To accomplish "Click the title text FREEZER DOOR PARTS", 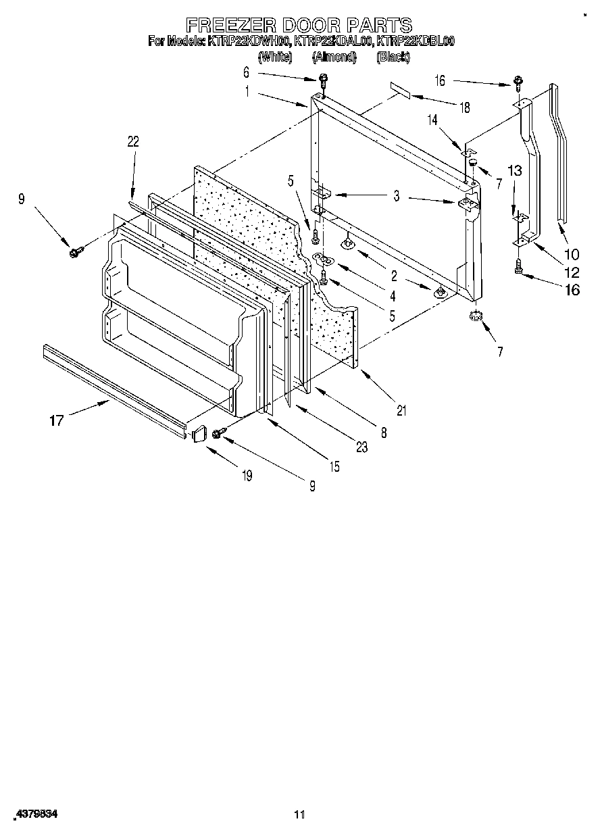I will click(x=299, y=26).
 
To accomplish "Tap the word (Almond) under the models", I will click(x=334, y=57).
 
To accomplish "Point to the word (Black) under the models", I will click(x=393, y=57).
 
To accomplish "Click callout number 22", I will click(x=132, y=141).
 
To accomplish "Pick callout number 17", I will click(x=56, y=420).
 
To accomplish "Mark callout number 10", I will click(x=572, y=255).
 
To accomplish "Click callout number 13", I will click(x=515, y=171).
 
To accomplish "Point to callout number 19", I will click(x=247, y=476).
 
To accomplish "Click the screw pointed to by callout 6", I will click(x=323, y=79).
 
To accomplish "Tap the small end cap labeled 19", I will click(x=198, y=433).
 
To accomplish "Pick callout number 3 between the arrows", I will click(x=397, y=197).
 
